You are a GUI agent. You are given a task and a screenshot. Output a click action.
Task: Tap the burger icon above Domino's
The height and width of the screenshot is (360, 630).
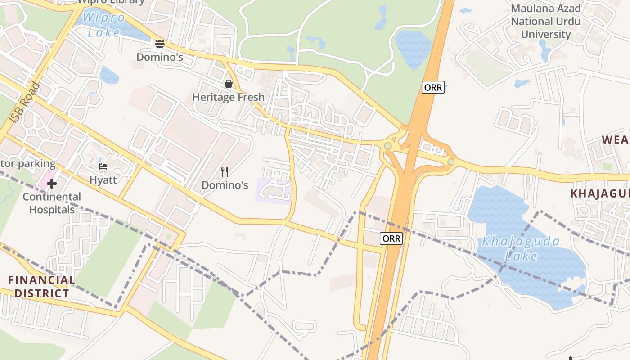click(160, 44)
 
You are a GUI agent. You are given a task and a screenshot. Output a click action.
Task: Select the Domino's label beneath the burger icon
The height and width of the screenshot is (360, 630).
click(160, 57)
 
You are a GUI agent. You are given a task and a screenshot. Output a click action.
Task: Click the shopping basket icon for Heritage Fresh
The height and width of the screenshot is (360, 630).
click(229, 84)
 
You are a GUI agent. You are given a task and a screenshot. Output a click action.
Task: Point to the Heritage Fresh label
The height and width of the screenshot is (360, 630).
click(229, 97)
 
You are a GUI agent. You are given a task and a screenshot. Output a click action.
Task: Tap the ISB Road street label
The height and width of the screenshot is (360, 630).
click(25, 103)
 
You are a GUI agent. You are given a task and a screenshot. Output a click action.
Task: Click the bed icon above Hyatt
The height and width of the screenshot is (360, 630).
click(103, 166)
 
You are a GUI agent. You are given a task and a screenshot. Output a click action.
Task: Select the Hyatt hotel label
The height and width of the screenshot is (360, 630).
click(103, 180)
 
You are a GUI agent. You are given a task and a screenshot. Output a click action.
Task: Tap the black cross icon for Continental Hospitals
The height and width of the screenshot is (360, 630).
click(52, 184)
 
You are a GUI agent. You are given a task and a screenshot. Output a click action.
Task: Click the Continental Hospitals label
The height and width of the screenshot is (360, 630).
click(52, 203)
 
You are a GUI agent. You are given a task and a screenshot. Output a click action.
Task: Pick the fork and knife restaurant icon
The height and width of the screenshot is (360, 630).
click(225, 171)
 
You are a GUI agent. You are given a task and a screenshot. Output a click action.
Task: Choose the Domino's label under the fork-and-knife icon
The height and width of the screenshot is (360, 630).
click(225, 185)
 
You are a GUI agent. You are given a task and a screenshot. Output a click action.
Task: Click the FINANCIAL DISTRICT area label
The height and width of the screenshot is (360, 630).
click(41, 287)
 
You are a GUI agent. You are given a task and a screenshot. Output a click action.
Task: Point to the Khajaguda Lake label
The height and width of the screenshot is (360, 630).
click(521, 249)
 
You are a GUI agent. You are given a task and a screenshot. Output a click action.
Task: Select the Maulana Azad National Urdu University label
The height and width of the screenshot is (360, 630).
click(545, 21)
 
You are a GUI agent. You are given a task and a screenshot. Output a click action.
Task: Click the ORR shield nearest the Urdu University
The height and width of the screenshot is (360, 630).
click(433, 88)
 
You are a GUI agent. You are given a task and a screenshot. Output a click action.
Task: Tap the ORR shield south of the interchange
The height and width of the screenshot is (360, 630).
click(391, 238)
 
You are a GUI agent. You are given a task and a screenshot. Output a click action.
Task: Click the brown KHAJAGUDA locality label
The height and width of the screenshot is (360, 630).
click(599, 193)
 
